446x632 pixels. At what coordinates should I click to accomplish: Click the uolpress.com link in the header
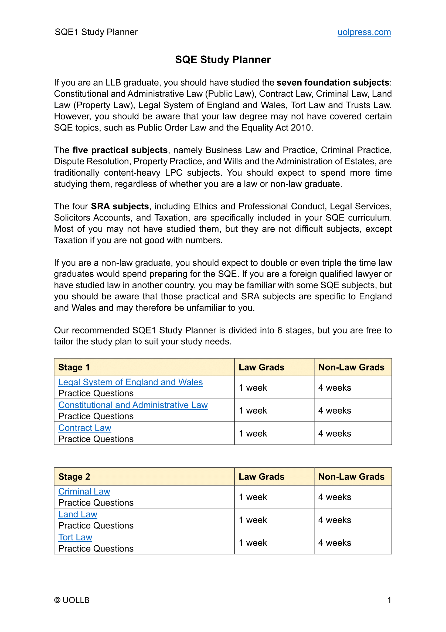click(364, 32)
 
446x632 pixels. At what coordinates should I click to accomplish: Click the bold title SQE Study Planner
click(223, 60)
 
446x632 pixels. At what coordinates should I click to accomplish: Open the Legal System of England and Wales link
click(131, 382)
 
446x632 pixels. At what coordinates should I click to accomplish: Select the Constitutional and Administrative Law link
click(133, 405)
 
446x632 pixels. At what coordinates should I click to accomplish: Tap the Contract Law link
click(85, 428)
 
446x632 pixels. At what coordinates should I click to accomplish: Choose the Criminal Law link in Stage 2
click(84, 491)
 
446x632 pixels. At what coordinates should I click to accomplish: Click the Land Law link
click(78, 514)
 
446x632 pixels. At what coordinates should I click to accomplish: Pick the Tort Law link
click(75, 537)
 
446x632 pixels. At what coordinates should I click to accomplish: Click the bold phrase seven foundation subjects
click(333, 83)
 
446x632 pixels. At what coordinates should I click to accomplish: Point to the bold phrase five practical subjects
click(120, 150)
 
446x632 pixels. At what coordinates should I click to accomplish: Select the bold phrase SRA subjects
click(120, 206)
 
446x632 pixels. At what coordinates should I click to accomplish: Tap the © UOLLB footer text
click(72, 600)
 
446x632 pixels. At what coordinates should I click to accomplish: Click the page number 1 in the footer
click(389, 600)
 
